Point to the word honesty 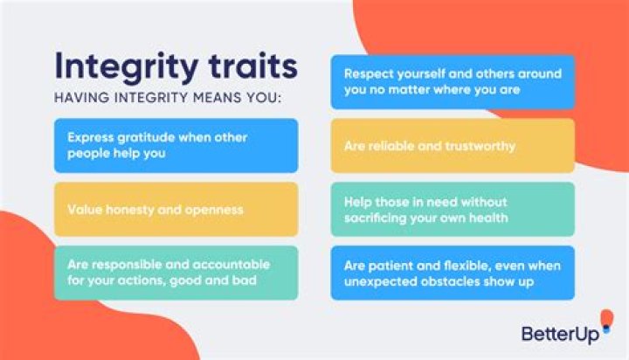coord(121,209)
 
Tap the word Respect coord(367,73)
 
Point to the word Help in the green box coord(358,200)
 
